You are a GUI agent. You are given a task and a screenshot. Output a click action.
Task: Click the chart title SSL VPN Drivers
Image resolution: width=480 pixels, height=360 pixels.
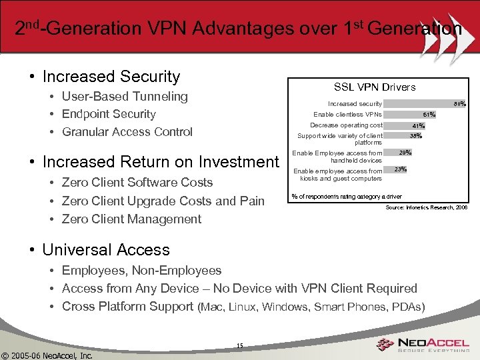(x=374, y=87)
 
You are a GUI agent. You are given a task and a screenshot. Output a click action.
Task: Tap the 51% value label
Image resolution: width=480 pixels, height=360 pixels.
(x=429, y=115)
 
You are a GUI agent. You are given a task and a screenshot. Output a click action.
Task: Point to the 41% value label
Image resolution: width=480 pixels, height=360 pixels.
(x=418, y=126)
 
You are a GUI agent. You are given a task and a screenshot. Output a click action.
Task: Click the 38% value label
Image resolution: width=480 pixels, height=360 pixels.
(x=415, y=136)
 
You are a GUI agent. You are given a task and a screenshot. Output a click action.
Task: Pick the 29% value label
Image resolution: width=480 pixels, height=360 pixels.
(x=405, y=153)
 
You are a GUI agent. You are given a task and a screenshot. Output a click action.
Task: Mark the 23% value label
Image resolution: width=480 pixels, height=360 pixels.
(x=400, y=169)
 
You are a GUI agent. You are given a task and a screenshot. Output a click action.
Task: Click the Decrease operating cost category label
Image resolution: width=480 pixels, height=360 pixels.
(x=346, y=125)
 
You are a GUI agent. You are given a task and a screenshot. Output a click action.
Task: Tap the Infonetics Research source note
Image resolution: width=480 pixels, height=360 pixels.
(x=427, y=208)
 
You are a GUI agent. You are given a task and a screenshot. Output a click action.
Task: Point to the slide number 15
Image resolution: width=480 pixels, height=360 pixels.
(x=239, y=345)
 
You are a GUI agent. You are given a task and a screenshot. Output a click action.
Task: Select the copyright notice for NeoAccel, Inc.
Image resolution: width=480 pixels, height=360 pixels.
(x=47, y=354)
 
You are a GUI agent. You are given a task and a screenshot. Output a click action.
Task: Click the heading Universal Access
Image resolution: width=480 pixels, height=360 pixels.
(x=105, y=250)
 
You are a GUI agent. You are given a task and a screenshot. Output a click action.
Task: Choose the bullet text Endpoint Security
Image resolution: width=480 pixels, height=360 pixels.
(x=108, y=114)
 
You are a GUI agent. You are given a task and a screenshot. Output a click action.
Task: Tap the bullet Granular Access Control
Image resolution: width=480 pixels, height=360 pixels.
(x=127, y=132)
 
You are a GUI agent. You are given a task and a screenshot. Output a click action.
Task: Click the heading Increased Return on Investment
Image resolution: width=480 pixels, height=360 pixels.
(x=160, y=162)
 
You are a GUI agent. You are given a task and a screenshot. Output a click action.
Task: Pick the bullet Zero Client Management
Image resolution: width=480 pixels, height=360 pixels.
(x=131, y=219)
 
